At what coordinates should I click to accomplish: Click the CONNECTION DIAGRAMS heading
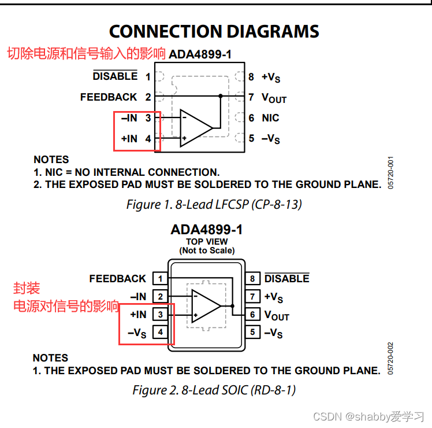[x=214, y=31]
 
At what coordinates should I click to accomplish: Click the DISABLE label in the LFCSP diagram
[x=115, y=76]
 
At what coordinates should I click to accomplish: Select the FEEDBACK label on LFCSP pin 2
[x=109, y=97]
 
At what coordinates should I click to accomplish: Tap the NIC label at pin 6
[x=270, y=118]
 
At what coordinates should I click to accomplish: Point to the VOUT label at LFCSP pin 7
[x=274, y=98]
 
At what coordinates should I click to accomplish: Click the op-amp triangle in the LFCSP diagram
[x=195, y=128]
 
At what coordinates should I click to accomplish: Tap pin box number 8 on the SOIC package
[x=252, y=279]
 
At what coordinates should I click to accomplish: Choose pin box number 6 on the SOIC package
[x=252, y=315]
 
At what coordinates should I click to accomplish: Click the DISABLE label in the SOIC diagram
[x=286, y=279]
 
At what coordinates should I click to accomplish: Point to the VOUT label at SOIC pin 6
[x=277, y=315]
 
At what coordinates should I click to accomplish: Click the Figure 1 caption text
[x=214, y=204]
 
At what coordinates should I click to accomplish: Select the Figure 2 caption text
[x=214, y=390]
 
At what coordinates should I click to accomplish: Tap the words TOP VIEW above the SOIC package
[x=207, y=242]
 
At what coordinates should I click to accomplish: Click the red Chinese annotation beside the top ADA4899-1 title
[x=87, y=54]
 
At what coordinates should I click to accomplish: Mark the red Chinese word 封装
[x=27, y=288]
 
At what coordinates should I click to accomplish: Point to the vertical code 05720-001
[x=390, y=172]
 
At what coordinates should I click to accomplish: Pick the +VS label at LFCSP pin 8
[x=271, y=77]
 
